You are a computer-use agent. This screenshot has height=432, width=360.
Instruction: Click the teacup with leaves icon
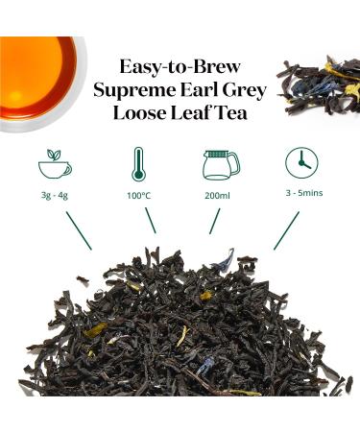pos(55,165)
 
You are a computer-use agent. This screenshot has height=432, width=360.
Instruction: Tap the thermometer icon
pos(139,164)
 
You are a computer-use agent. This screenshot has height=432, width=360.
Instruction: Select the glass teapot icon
pos(220,164)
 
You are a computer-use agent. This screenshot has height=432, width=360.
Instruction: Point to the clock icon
pos(301,163)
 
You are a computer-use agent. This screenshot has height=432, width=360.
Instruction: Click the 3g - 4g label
pos(55,196)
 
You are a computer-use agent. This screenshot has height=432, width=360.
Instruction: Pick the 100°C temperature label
pos(139,196)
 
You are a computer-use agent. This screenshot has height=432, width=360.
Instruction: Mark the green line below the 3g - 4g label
pos(78,230)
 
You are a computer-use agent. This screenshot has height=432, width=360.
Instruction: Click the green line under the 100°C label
pos(150,220)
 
